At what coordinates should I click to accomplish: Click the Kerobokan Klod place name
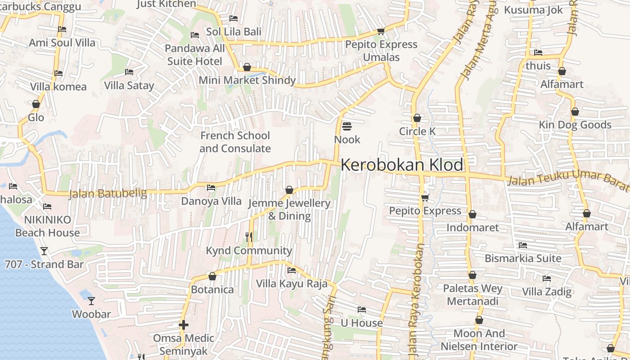[x=401, y=165]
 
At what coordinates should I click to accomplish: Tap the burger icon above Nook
[x=346, y=126]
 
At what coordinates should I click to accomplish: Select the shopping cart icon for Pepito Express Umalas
[x=381, y=31]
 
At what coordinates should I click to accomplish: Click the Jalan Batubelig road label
[x=108, y=194]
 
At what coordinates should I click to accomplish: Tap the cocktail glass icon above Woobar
[x=91, y=301]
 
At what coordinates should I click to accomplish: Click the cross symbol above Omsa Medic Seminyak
[x=183, y=324]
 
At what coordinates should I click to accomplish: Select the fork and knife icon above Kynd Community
[x=248, y=237]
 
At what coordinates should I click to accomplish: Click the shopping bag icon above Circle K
[x=417, y=118]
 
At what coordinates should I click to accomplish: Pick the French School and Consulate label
[x=235, y=142]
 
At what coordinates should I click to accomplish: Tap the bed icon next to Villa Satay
[x=129, y=72]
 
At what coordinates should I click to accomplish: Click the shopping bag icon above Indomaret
[x=472, y=214]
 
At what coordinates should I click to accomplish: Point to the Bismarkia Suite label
[x=523, y=259]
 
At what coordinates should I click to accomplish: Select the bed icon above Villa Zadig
[x=547, y=279]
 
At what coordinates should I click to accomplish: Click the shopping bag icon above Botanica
[x=212, y=276]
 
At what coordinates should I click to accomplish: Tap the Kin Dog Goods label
[x=575, y=125]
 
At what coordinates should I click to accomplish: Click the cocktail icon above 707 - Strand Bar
[x=44, y=251]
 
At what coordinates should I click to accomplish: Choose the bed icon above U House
[x=361, y=310]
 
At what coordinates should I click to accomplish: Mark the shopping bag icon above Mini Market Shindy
[x=247, y=67]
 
